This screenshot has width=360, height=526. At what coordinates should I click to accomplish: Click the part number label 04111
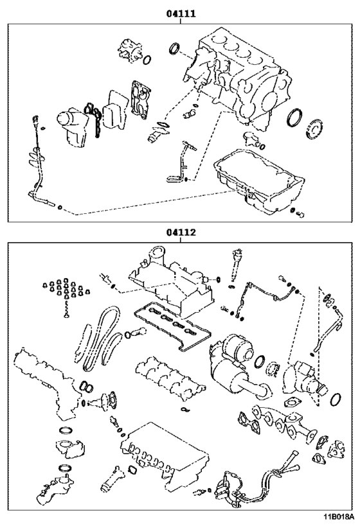[x=181, y=13]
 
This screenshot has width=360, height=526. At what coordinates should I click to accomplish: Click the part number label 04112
[x=181, y=232]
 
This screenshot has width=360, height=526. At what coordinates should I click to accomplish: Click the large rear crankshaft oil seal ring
[x=294, y=118]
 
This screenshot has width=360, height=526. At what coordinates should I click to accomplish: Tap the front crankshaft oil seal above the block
[x=174, y=48]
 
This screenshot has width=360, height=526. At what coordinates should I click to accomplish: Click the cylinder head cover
[x=171, y=282]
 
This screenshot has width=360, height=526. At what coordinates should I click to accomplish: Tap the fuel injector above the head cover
[x=236, y=265]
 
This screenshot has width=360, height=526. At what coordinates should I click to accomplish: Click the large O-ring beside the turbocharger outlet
[x=336, y=399]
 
